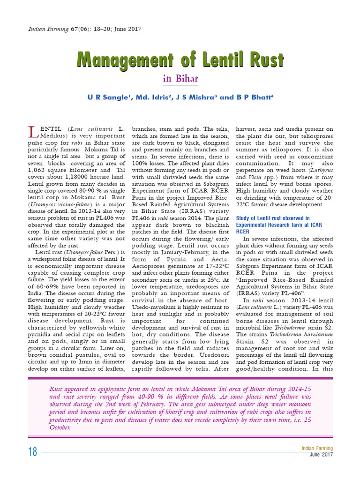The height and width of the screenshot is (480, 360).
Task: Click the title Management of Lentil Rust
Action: click(x=180, y=60)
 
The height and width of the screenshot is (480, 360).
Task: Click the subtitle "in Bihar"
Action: click(x=180, y=79)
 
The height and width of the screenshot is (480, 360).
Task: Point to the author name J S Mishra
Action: click(x=195, y=97)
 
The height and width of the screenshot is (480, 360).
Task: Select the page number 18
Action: click(x=32, y=452)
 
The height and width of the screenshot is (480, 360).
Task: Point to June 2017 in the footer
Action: click(x=321, y=455)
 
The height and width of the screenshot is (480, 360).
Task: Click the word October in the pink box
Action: click(x=60, y=427)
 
